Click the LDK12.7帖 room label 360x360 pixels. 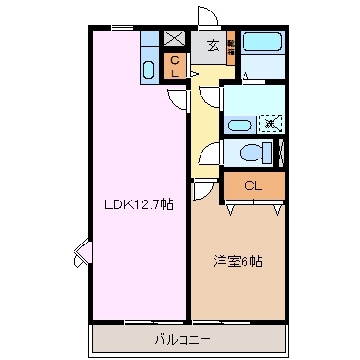[x=139, y=204]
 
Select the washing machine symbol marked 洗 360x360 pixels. [x=270, y=122]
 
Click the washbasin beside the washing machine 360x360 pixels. [x=239, y=123]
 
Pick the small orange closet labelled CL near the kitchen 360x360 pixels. [x=176, y=67]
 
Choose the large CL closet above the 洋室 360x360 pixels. [x=253, y=185]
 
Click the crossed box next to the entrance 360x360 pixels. [x=176, y=39]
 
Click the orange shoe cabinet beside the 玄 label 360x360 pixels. [x=231, y=49]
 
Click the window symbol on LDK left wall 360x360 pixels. [x=82, y=253]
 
